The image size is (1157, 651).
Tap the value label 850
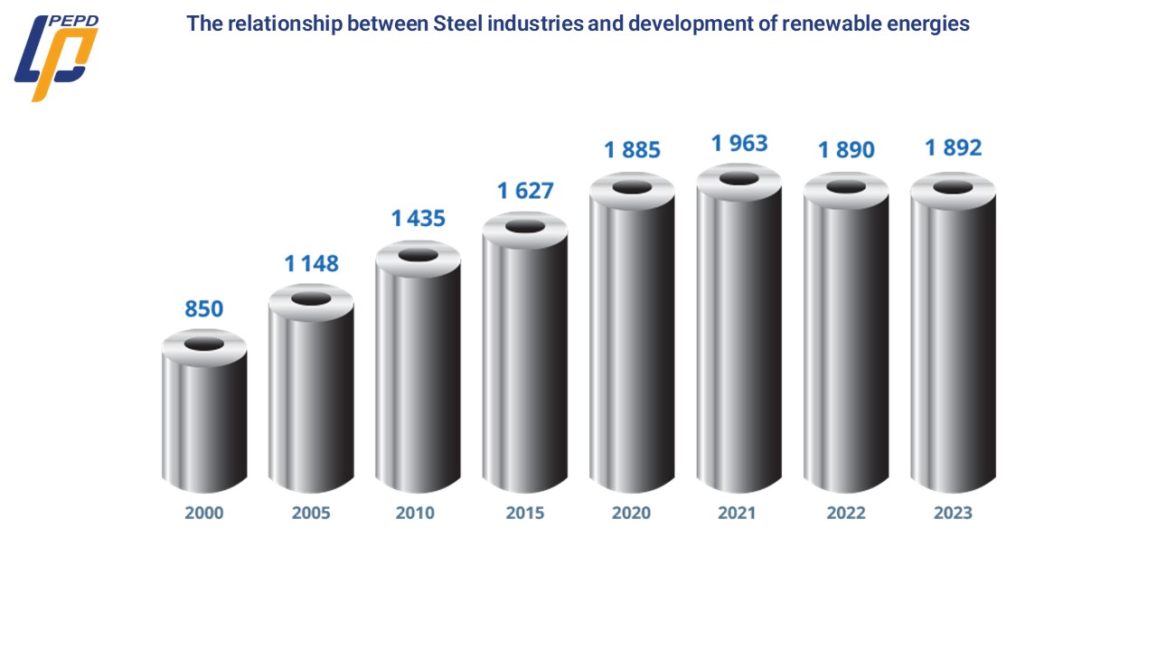204,309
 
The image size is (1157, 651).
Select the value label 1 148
311,264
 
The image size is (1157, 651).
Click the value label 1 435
418,219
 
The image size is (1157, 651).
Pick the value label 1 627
525,191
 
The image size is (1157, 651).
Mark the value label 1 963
739,143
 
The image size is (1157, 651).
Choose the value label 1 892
953,147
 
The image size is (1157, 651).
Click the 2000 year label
204,513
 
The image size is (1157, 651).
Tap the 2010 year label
415,513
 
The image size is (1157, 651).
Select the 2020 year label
631,513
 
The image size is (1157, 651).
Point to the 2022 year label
846,513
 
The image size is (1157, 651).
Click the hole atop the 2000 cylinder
204,344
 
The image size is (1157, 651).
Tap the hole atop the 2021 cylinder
739,178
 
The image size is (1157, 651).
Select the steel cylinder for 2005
311,398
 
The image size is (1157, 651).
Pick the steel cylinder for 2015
525,362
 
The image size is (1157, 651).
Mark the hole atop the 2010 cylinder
418,255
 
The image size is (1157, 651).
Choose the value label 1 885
633,149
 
